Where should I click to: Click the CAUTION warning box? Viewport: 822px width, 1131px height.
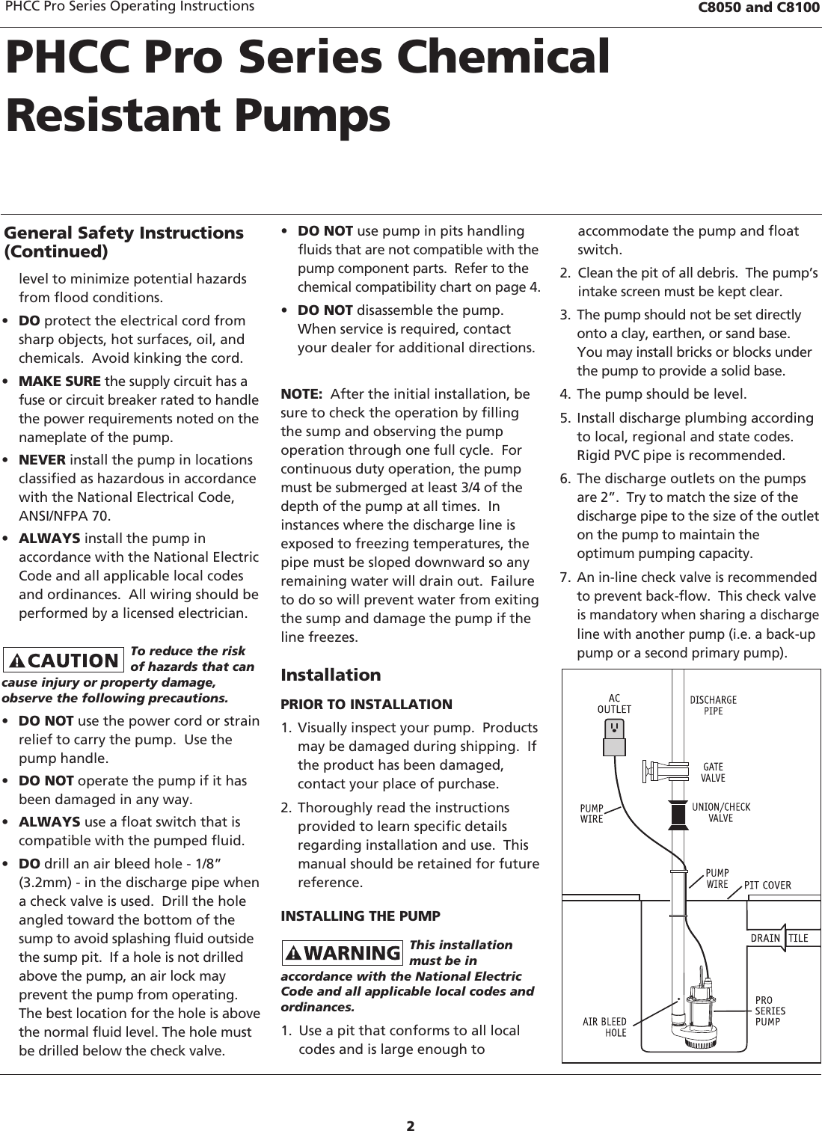click(x=64, y=660)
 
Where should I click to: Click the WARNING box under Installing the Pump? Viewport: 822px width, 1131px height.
click(x=343, y=953)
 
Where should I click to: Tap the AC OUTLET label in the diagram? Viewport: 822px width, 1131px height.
click(x=614, y=704)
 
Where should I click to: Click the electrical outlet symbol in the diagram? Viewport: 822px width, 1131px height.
click(x=614, y=728)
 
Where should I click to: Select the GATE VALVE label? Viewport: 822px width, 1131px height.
click(x=713, y=773)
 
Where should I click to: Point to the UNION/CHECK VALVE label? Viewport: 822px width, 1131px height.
click(x=720, y=812)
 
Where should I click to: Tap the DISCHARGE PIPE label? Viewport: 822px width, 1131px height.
click(x=713, y=705)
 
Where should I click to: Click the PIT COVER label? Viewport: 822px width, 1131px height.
click(x=767, y=886)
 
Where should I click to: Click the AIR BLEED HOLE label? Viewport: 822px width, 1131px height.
click(x=605, y=1027)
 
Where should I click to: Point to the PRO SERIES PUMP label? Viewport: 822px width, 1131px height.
click(x=770, y=1011)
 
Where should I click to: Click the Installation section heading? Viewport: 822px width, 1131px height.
click(x=331, y=675)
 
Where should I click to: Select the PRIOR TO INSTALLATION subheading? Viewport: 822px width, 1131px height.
click(x=366, y=705)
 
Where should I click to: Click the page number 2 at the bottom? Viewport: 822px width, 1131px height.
click(x=411, y=1105)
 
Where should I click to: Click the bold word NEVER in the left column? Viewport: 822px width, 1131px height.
click(x=41, y=459)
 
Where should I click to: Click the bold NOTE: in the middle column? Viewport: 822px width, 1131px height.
click(x=301, y=394)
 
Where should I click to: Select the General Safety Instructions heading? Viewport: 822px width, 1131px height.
click(x=124, y=241)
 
